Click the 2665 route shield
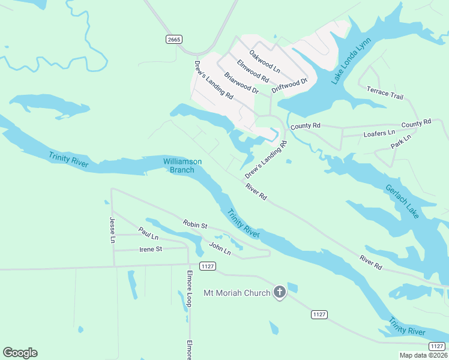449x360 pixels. (x=174, y=39)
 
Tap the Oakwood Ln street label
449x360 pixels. (x=265, y=61)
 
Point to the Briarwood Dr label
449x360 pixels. (x=241, y=83)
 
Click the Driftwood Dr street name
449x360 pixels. (x=289, y=85)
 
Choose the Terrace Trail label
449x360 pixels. (x=385, y=92)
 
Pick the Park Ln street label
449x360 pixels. (x=400, y=142)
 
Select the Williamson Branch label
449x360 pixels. (x=182, y=166)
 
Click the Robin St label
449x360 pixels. (x=195, y=226)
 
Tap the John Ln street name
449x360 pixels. (x=220, y=248)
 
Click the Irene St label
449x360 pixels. (x=151, y=248)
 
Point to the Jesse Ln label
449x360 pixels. (x=112, y=230)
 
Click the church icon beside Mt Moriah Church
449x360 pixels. (x=279, y=292)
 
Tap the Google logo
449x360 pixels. (x=20, y=353)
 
